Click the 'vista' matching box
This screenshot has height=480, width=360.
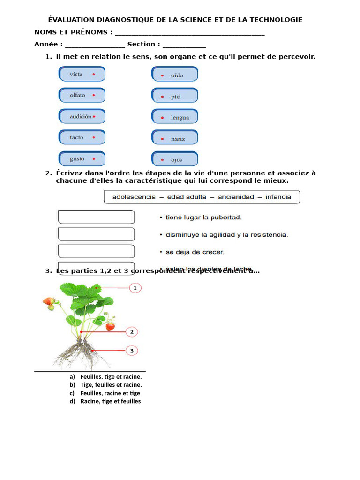tap(82, 74)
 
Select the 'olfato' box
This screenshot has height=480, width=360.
tap(82, 95)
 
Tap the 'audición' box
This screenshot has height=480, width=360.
tap(82, 116)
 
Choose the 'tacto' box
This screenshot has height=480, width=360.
tap(82, 137)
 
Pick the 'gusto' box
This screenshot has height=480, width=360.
tap(82, 158)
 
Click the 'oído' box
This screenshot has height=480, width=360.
tap(175, 74)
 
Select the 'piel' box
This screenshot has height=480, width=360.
tap(175, 96)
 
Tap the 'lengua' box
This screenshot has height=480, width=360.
tap(175, 117)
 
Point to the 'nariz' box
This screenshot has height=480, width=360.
tap(175, 138)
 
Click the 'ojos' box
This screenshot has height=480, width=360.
tap(175, 159)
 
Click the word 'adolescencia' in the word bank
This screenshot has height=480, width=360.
tap(134, 197)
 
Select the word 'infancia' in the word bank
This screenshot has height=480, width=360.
tap(278, 197)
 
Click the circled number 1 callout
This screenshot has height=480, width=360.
tap(135, 288)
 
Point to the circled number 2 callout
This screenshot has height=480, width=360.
tap(132, 332)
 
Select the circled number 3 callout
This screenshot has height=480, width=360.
tap(132, 350)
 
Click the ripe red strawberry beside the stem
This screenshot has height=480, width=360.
tap(110, 326)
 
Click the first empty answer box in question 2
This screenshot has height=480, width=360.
tap(97, 217)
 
